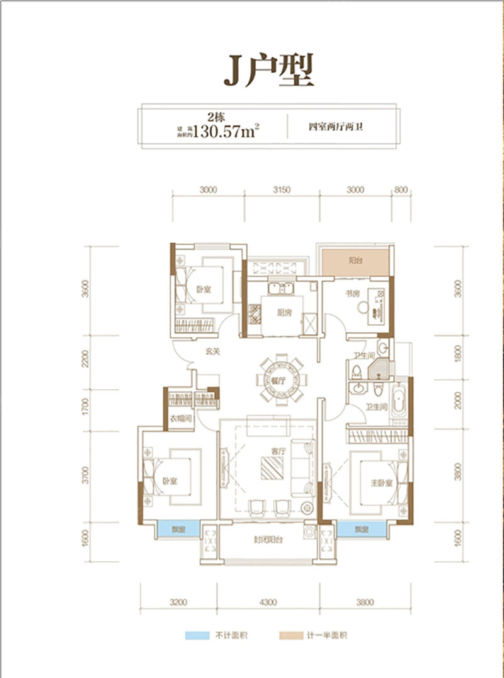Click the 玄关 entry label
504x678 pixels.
[x=212, y=351]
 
